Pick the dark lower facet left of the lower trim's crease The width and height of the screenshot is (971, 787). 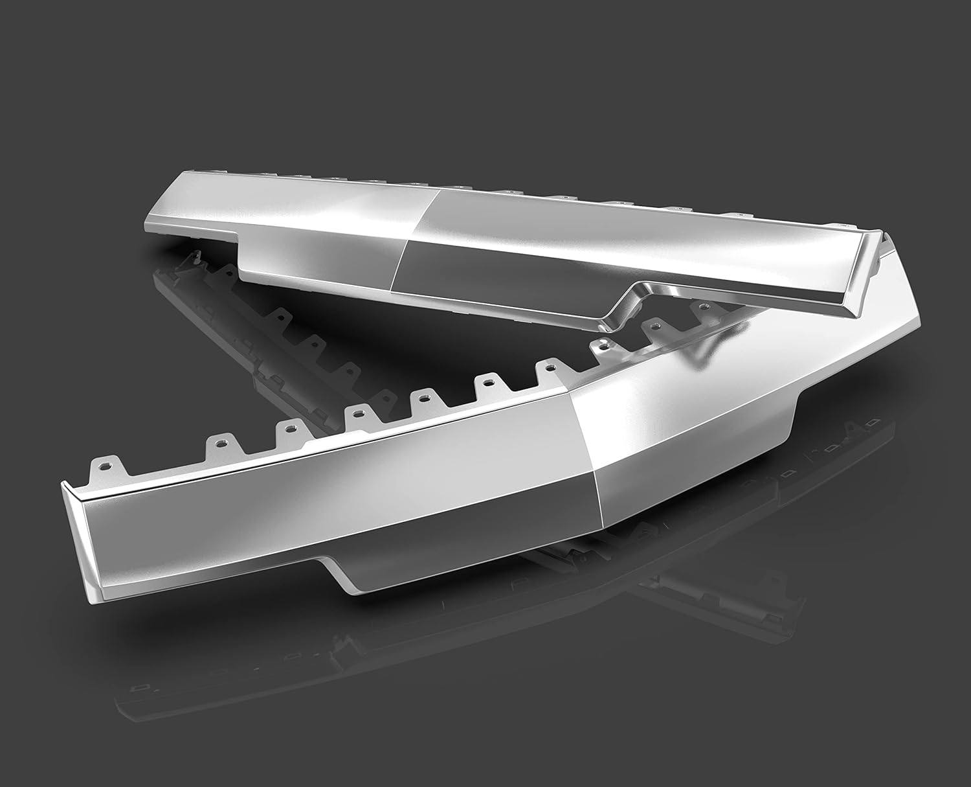point(466,518)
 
